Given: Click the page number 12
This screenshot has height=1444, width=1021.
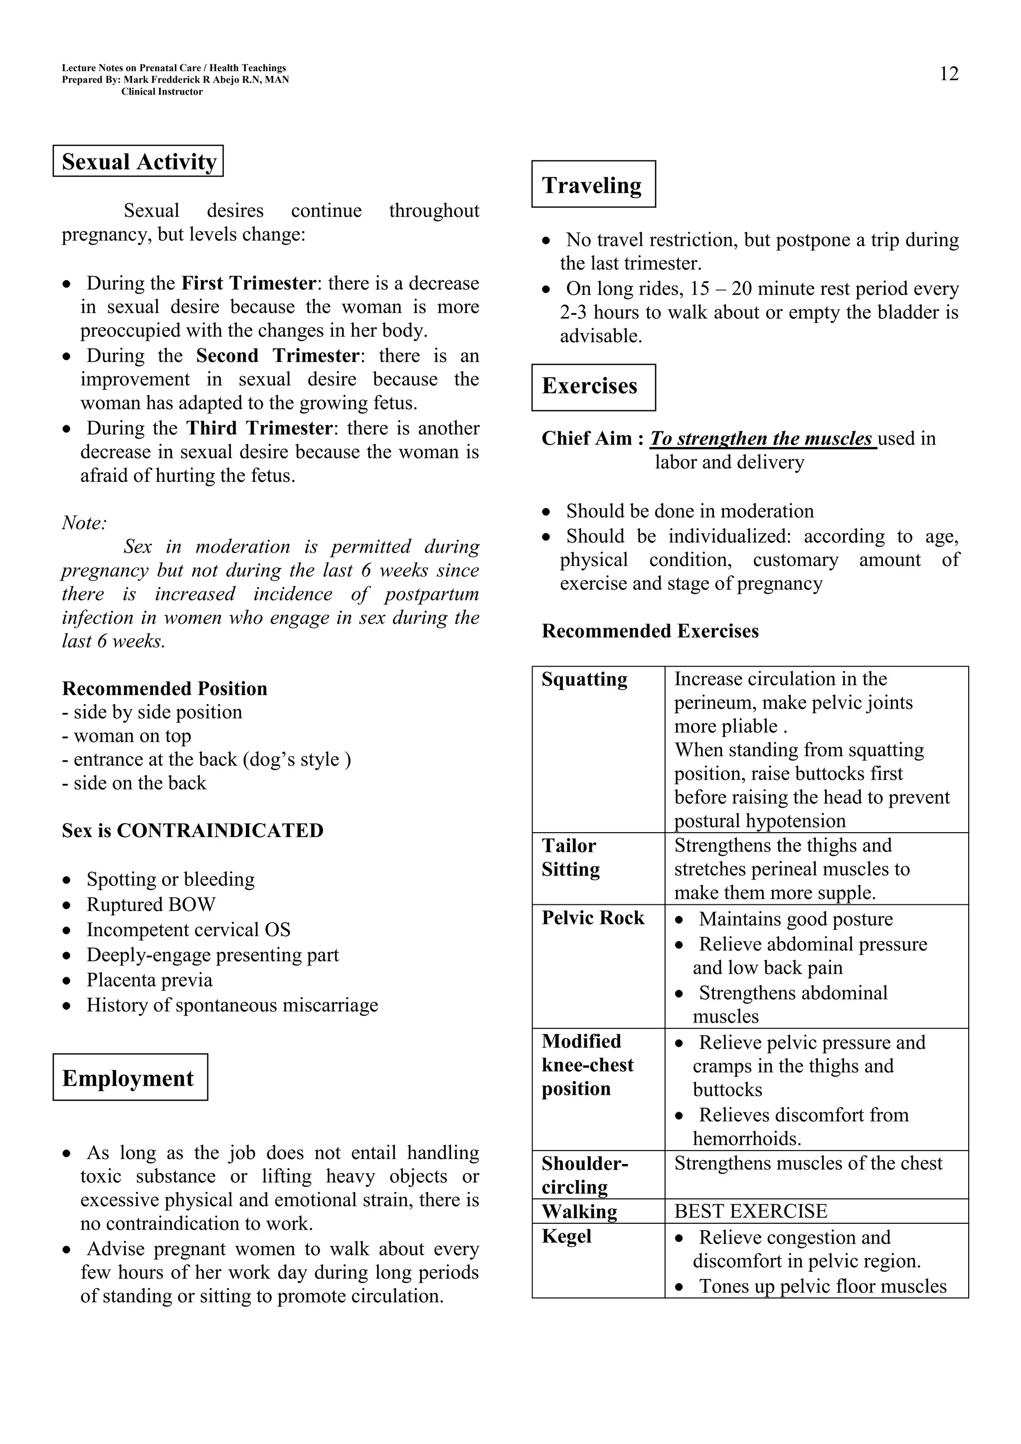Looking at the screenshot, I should (949, 74).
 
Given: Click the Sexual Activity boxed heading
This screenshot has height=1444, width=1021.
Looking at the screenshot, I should (139, 161).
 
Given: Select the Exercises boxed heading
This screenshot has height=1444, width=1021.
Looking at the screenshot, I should (589, 386).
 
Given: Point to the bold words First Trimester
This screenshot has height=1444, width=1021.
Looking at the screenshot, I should (248, 283).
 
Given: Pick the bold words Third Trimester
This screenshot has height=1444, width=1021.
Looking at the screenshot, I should (259, 429).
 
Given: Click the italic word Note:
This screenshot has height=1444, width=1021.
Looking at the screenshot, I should (84, 523).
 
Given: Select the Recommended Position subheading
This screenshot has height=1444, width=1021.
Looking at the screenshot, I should (164, 689).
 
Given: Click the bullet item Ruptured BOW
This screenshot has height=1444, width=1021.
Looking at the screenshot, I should (151, 904).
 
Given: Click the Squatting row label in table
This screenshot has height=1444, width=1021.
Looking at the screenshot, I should (584, 679).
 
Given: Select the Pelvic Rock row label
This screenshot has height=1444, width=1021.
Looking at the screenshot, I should (593, 918).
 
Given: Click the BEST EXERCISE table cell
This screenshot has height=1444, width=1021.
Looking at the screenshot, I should (750, 1211).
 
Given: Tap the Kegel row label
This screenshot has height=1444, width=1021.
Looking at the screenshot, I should (566, 1236).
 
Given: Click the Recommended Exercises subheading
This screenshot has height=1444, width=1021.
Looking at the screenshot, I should (650, 631).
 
